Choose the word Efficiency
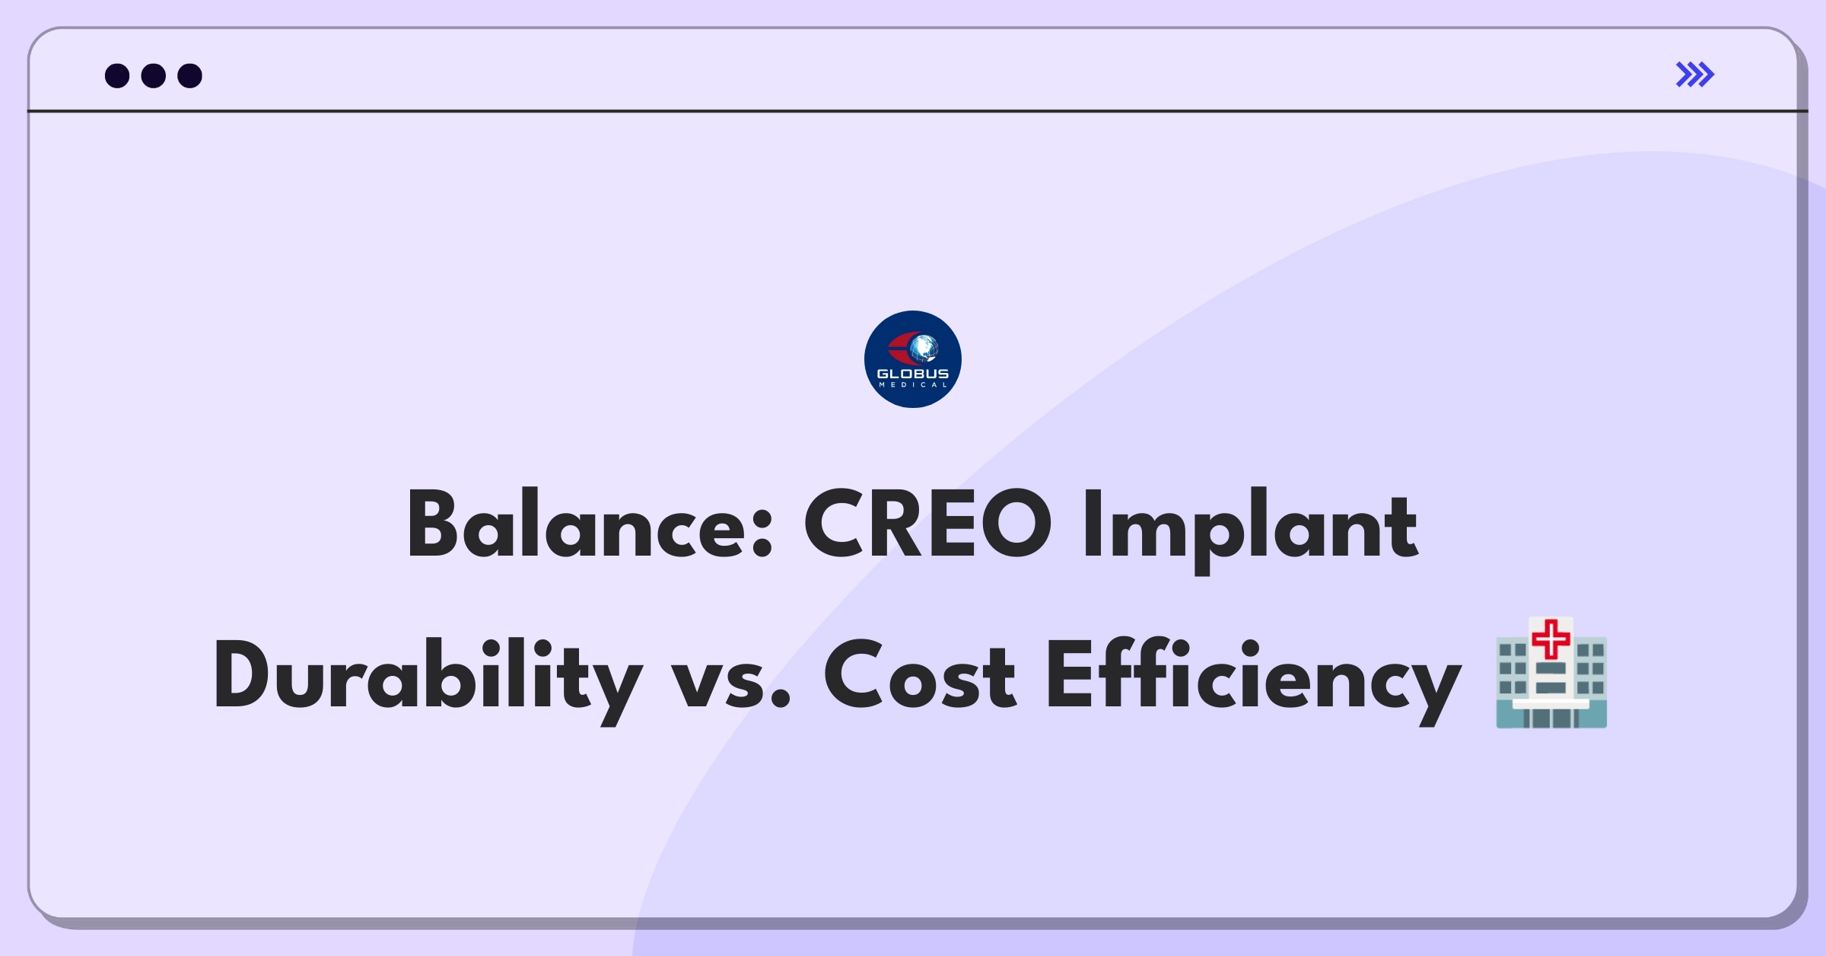pos(1254,680)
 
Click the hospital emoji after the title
pos(1551,673)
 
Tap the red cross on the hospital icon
pos(1551,639)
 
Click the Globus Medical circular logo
pos(913,359)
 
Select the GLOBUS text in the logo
pos(913,374)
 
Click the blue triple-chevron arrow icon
pos(1694,75)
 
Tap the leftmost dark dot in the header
pos(117,75)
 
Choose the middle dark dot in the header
pos(154,75)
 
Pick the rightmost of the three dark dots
pos(189,75)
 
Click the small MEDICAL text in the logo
pos(913,385)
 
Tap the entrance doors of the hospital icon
pos(1551,718)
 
